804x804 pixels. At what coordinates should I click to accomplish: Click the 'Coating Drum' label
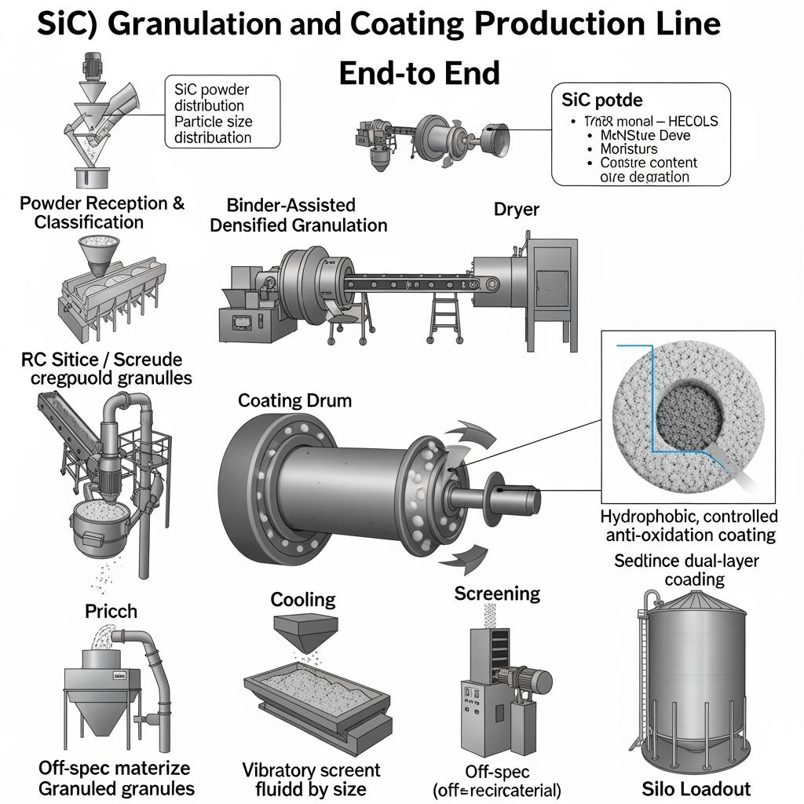pyautogui.click(x=294, y=400)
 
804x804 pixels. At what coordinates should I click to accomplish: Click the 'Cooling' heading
pyautogui.click(x=303, y=600)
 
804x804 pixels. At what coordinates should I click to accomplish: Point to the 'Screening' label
pyautogui.click(x=497, y=593)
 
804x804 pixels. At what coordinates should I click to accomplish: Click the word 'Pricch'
pyautogui.click(x=111, y=610)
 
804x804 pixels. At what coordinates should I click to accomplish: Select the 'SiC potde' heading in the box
pyautogui.click(x=602, y=100)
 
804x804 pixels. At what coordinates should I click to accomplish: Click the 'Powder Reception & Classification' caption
pyautogui.click(x=102, y=212)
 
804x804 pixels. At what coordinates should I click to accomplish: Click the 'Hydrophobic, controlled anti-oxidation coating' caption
pyautogui.click(x=689, y=525)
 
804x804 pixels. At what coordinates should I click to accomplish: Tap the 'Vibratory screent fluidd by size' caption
pyautogui.click(x=311, y=779)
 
